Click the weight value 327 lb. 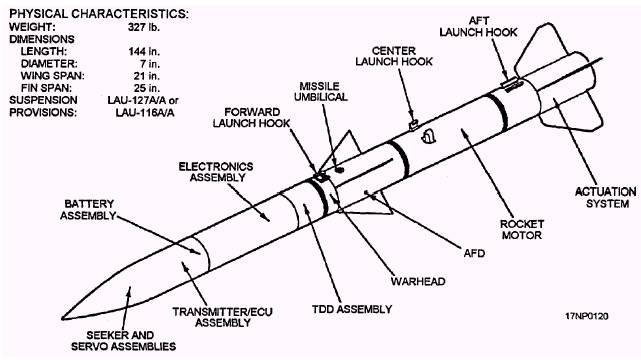(x=143, y=27)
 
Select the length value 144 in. (x=144, y=51)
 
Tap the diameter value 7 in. (x=150, y=64)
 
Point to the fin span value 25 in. (x=146, y=88)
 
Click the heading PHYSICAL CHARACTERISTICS (x=99, y=14)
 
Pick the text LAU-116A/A (x=145, y=112)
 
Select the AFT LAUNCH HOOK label (x=478, y=26)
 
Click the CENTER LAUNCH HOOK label (x=394, y=56)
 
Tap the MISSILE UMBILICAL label (x=320, y=92)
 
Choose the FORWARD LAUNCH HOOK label (x=251, y=117)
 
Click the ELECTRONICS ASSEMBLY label (x=216, y=172)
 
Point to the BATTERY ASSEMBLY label (x=88, y=209)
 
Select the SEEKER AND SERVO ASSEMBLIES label (x=123, y=341)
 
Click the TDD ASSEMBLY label (x=352, y=309)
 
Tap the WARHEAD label (x=418, y=281)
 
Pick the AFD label (x=474, y=253)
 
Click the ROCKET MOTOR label (x=522, y=229)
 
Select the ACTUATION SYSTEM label (x=605, y=197)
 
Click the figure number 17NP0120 (x=587, y=316)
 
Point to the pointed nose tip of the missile (x=63, y=318)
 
